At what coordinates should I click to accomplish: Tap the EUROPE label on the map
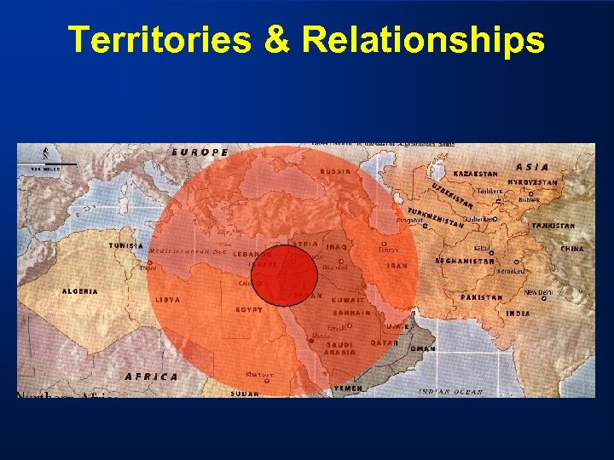point(200,152)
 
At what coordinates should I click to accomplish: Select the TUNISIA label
point(126,245)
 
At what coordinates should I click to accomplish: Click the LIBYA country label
point(168,300)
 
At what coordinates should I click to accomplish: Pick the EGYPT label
point(249,309)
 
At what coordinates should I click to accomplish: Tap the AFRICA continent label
point(152,376)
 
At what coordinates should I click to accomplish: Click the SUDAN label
point(246,394)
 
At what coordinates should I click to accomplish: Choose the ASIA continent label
point(533,167)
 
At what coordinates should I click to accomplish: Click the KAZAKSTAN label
point(475,174)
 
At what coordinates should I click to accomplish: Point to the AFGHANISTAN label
point(465,261)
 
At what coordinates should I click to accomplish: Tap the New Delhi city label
point(538,292)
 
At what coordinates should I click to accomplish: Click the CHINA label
point(572,249)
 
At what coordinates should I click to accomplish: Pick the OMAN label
point(424,348)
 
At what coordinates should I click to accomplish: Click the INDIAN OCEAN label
point(450,392)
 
